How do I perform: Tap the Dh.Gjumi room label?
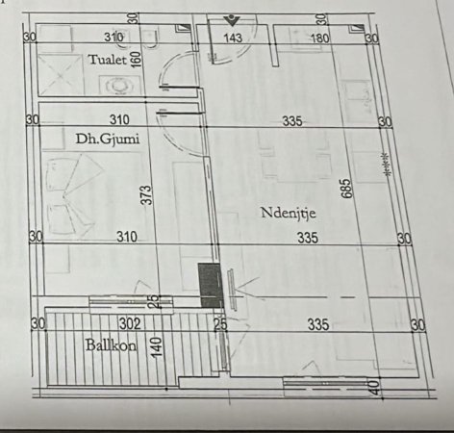tap(108, 139)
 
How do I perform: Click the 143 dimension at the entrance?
tap(232, 38)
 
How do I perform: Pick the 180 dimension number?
tap(320, 38)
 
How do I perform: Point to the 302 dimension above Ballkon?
tap(131, 323)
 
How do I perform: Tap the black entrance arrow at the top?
tap(231, 18)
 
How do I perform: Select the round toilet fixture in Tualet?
tap(120, 84)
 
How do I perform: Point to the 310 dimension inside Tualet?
tap(114, 38)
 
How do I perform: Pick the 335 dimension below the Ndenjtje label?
tap(307, 238)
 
